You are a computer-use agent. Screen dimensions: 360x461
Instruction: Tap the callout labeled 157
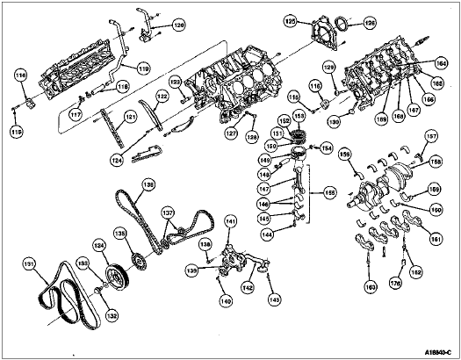tap(431, 136)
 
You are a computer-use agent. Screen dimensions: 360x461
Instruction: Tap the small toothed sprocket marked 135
tap(137, 262)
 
